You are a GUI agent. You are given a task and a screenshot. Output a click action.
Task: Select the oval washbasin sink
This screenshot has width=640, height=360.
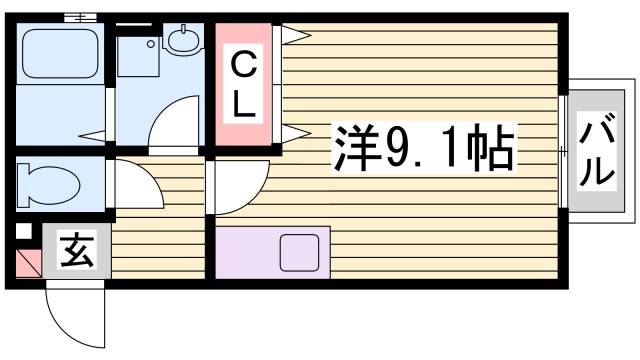point(185,41)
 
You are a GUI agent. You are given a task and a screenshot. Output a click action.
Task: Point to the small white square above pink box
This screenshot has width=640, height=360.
point(24,232)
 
